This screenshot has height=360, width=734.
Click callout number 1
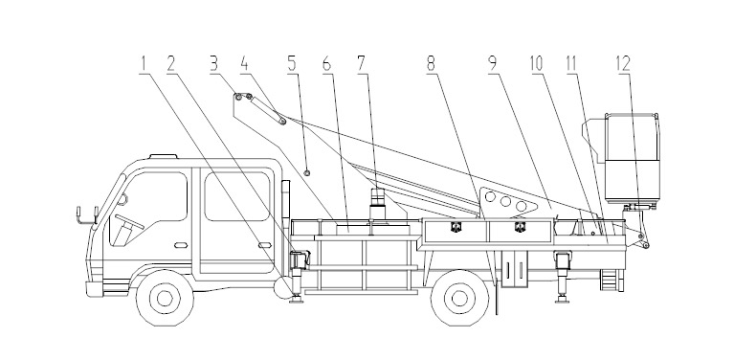tap(145, 64)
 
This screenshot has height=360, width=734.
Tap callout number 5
tap(292, 64)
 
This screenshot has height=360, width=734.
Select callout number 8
tap(432, 64)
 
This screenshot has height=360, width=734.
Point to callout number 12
tap(623, 64)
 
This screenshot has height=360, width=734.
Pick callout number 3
tap(214, 64)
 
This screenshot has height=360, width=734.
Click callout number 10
tap(537, 64)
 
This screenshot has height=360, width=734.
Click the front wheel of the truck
tap(165, 298)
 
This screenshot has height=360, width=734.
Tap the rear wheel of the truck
tap(459, 298)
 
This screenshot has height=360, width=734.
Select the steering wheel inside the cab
tap(129, 221)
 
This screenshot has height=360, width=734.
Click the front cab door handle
tap(181, 245)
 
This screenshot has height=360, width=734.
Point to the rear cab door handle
tap(265, 245)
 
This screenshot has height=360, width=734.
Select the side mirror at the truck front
tap(86, 215)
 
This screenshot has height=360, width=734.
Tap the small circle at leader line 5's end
tap(307, 173)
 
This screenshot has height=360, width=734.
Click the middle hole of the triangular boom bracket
tap(505, 202)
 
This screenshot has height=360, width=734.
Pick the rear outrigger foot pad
tap(562, 300)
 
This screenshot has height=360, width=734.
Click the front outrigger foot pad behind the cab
tap(297, 300)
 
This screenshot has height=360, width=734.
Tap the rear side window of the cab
tap(237, 196)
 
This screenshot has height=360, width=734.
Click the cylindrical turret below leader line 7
tap(378, 204)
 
